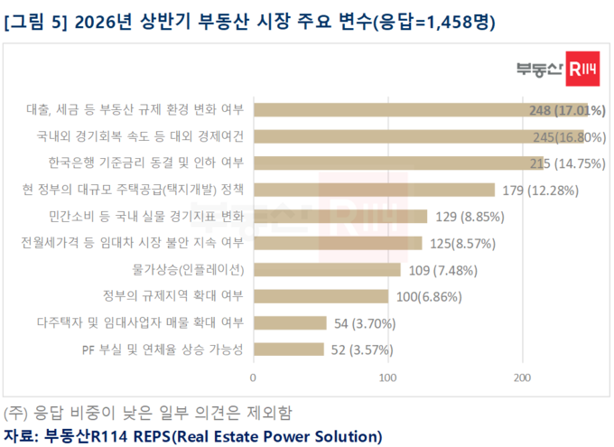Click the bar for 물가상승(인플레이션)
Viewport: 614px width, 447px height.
point(327,269)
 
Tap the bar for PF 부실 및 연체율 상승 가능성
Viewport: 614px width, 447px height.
point(289,349)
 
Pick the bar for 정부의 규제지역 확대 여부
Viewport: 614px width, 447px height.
point(321,296)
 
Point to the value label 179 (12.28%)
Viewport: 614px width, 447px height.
point(540,190)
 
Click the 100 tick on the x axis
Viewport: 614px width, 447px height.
point(388,377)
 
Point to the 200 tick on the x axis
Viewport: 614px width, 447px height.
point(522,377)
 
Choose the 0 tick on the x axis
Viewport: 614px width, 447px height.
point(254,377)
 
